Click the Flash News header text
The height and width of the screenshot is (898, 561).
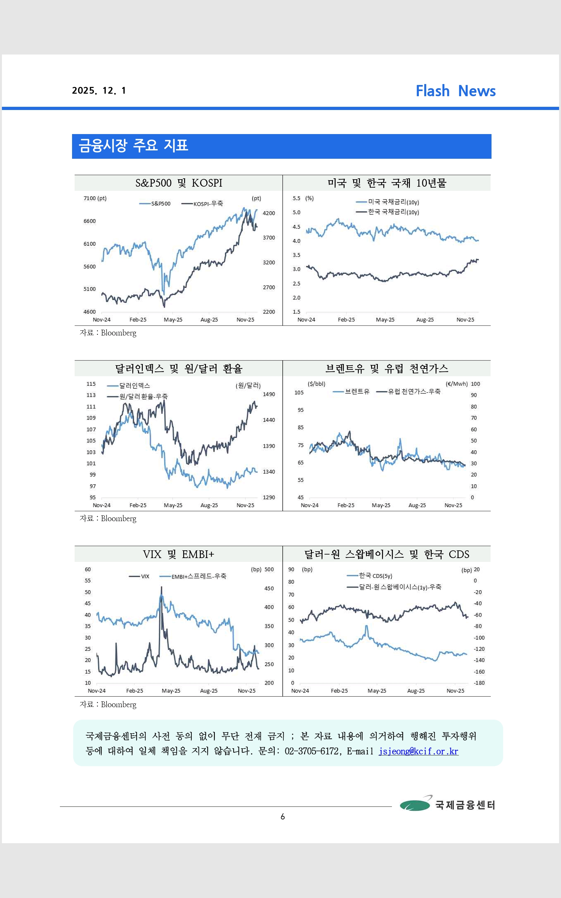pos(455,91)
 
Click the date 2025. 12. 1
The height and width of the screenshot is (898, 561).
pos(99,91)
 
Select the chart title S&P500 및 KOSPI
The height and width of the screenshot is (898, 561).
pos(178,183)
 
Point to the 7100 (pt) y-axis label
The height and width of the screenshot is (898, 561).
pos(95,199)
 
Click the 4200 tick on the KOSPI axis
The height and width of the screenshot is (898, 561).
pos(269,213)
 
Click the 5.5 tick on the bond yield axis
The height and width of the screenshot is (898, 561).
pos(297,199)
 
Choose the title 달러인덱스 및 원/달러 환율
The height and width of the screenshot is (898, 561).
pos(178,369)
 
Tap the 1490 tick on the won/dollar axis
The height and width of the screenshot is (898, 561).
pos(269,394)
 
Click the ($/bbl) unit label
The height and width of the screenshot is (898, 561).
pos(316,384)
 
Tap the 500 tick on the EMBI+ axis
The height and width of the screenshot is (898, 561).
pos(269,570)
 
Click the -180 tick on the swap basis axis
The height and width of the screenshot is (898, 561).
pos(479,683)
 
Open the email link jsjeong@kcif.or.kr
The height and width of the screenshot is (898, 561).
pos(418,751)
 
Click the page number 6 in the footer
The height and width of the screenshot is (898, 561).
pos(283,817)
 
